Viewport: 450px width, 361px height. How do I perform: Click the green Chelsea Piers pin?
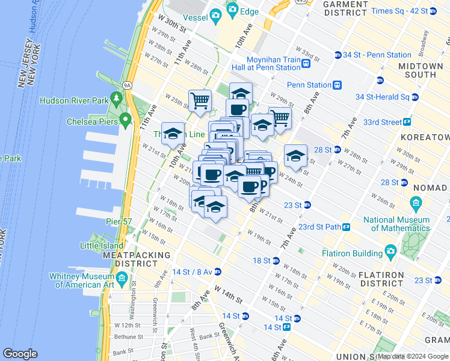coord(125,120)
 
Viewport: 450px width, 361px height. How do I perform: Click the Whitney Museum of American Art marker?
coord(122,278)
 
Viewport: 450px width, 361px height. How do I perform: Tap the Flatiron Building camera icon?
coord(390,250)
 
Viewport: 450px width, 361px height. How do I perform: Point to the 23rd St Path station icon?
coord(347,227)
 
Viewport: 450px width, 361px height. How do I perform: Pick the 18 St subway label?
coord(262,261)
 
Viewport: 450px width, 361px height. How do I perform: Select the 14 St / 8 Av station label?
coord(191,271)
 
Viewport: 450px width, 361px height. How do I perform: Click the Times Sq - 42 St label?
coord(399,11)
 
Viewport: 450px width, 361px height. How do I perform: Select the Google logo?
coord(20,354)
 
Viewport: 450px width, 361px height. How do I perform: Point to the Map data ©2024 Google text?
coord(413,357)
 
